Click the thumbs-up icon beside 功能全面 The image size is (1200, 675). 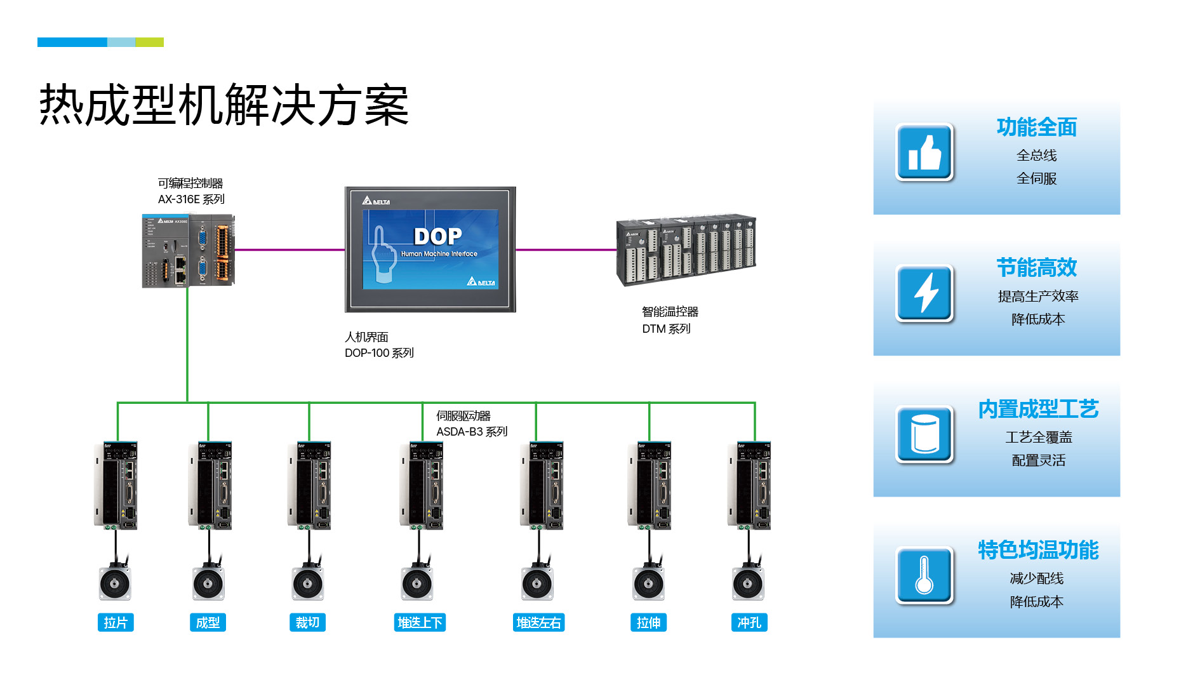pyautogui.click(x=924, y=152)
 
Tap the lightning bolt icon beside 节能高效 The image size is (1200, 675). pyautogui.click(x=924, y=293)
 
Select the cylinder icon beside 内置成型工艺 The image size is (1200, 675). pyautogui.click(x=924, y=434)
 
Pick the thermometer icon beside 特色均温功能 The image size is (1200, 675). pyautogui.click(x=924, y=575)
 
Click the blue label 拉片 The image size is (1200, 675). pyautogui.click(x=116, y=622)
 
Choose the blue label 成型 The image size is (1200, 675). pyautogui.click(x=208, y=622)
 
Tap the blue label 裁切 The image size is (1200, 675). pyautogui.click(x=308, y=622)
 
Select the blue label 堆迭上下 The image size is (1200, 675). pyautogui.click(x=420, y=622)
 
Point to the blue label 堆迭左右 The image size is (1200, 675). pyautogui.click(x=538, y=622)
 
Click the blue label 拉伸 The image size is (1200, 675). pyautogui.click(x=648, y=622)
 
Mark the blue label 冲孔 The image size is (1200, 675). pyautogui.click(x=749, y=622)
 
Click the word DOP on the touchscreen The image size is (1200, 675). pyautogui.click(x=437, y=236)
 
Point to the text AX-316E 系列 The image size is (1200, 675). pyautogui.click(x=191, y=199)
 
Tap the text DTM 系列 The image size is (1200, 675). pyautogui.click(x=666, y=329)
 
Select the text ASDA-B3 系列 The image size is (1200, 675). pyautogui.click(x=472, y=432)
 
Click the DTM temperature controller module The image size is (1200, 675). pyautogui.click(x=686, y=250)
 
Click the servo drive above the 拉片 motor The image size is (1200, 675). pyautogui.click(x=117, y=486)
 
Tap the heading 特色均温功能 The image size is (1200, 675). pyautogui.click(x=1038, y=550)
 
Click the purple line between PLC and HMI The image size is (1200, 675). pyautogui.click(x=290, y=250)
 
